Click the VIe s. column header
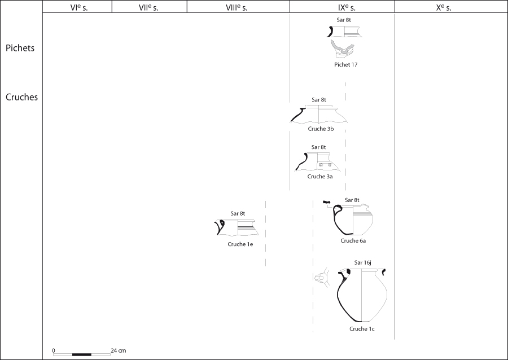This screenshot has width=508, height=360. (78, 8)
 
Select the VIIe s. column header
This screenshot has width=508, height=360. (148, 8)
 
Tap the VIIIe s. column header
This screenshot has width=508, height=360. (237, 8)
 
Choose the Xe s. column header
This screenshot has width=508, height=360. (444, 8)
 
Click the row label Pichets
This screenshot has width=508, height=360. (20, 48)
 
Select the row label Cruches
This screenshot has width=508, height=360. (21, 97)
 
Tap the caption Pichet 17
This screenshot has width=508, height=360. (345, 64)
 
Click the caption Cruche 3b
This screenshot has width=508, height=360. (321, 129)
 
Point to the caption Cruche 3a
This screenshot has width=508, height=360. (320, 177)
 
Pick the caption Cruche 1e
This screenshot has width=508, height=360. (240, 244)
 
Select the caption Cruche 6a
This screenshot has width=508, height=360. (353, 240)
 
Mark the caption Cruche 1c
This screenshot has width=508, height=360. (362, 328)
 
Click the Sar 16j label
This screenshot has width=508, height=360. (362, 262)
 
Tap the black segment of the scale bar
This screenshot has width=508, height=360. (82, 354)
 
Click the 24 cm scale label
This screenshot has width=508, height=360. (119, 350)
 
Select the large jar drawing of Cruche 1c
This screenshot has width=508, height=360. (362, 295)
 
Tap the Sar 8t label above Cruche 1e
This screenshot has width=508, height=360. (238, 213)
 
